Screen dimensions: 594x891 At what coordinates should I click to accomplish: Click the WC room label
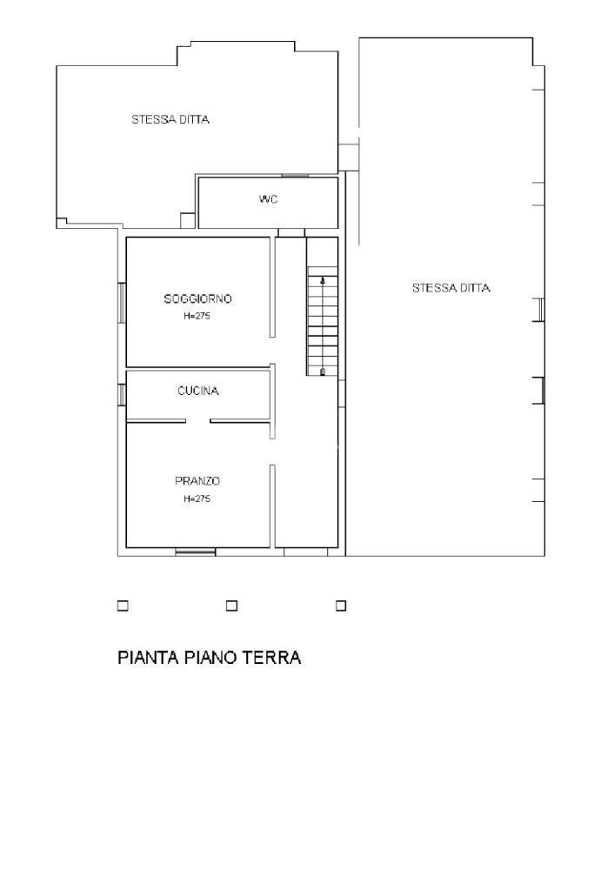pyautogui.click(x=268, y=199)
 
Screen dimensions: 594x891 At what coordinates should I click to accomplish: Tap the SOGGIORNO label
pyautogui.click(x=197, y=299)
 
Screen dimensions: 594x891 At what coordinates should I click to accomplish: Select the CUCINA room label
pyautogui.click(x=197, y=391)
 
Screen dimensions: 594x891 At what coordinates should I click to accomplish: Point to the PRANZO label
pyautogui.click(x=197, y=481)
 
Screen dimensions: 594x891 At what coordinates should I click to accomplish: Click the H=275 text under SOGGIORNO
pyautogui.click(x=197, y=317)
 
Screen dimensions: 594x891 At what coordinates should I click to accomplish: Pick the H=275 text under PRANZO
pyautogui.click(x=197, y=499)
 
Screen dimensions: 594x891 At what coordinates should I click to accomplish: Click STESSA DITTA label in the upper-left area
pyautogui.click(x=170, y=119)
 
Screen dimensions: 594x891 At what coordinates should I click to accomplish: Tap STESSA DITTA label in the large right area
pyautogui.click(x=451, y=288)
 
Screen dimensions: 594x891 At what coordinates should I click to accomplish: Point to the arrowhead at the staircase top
pyautogui.click(x=323, y=280)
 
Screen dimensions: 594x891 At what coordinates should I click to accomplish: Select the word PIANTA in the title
pyautogui.click(x=148, y=658)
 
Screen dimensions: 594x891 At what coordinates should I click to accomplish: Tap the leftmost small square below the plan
pyautogui.click(x=122, y=606)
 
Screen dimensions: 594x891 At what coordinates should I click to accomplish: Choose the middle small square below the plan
pyautogui.click(x=231, y=606)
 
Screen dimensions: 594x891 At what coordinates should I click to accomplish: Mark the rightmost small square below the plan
pyautogui.click(x=341, y=606)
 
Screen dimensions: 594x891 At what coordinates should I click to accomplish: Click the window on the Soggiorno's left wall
pyautogui.click(x=122, y=303)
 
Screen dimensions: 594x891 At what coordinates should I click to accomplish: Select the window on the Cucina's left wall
pyautogui.click(x=122, y=395)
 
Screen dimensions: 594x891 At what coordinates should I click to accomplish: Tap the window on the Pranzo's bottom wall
pyautogui.click(x=196, y=551)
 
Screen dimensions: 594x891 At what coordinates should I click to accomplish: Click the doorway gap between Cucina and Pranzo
pyautogui.click(x=197, y=421)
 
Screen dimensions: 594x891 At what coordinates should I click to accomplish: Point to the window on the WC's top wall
pyautogui.click(x=296, y=176)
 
